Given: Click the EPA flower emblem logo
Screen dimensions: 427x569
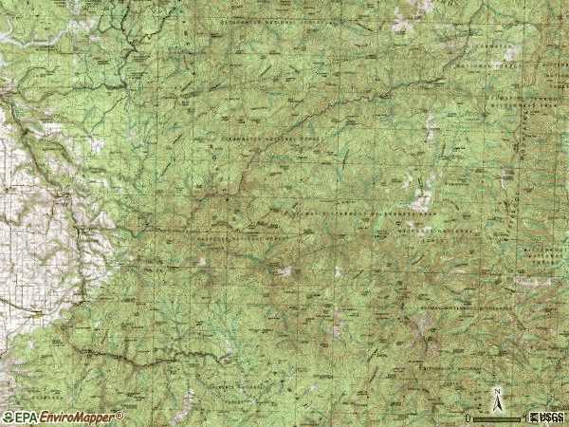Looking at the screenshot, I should coord(9,418).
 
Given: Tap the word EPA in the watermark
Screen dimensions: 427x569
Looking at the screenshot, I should coord(25,418).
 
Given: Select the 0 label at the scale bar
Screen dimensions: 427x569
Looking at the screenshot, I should coord(468,418).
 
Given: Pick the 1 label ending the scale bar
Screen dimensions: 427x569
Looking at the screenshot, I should coord(524,418).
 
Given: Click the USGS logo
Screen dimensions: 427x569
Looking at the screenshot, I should coord(547,418).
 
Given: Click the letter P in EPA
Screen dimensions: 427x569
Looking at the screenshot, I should coord(25,418).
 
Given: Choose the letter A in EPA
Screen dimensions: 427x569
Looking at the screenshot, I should coord(32,418).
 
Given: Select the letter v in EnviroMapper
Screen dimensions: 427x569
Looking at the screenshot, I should coord(56,418).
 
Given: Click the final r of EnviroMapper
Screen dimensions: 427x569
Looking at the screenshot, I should coord(115,418).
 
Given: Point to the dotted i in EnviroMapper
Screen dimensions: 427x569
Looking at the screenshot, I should coord(61,418).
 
